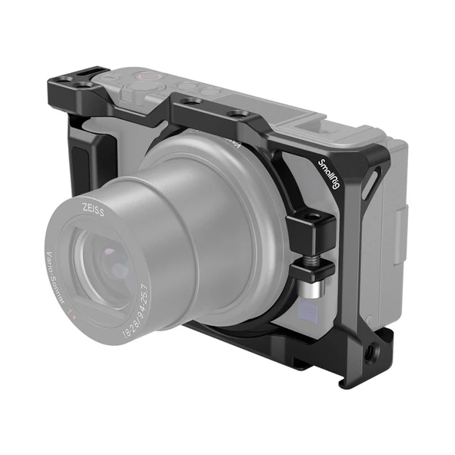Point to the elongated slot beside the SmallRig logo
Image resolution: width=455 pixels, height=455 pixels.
pos(369,185)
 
